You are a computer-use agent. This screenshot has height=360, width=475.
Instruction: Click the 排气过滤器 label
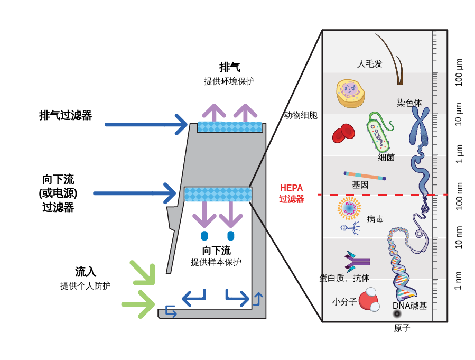click(x=66, y=115)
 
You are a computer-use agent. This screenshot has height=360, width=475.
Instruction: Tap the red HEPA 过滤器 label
click(x=292, y=193)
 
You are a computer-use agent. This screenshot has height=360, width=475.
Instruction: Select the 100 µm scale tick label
click(x=459, y=72)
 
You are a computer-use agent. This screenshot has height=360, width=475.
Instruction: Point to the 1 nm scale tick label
click(x=458, y=281)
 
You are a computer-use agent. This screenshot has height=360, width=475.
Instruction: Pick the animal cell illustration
click(x=350, y=93)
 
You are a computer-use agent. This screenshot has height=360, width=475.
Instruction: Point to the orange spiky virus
click(x=349, y=208)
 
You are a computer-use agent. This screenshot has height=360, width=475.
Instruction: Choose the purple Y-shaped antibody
click(x=357, y=261)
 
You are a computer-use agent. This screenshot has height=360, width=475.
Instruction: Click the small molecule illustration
click(x=369, y=300)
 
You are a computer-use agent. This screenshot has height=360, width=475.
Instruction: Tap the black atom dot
click(x=397, y=314)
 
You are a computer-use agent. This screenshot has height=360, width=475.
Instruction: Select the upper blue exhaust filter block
click(x=230, y=127)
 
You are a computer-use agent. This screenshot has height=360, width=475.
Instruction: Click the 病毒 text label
click(x=375, y=219)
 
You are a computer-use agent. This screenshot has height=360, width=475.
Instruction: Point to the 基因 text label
click(x=360, y=185)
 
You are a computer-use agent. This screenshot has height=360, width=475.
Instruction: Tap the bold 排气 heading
click(x=230, y=67)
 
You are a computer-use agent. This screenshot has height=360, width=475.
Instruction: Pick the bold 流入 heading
click(x=86, y=272)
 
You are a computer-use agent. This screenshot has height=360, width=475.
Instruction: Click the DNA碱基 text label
click(x=409, y=306)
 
